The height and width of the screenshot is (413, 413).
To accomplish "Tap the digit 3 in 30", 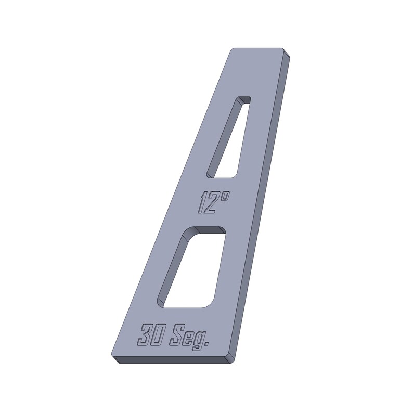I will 146,334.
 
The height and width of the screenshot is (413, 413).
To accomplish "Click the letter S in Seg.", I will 177,335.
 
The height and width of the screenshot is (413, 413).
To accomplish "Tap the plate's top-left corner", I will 233,49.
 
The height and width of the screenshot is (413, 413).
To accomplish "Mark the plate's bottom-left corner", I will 113,357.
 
